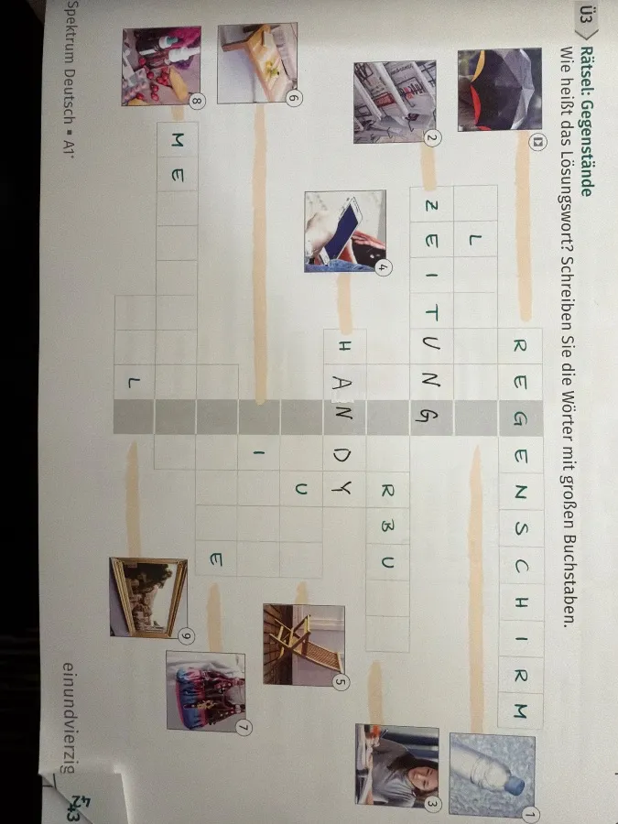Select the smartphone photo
tap(344, 231)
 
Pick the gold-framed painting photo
tap(147, 596)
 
